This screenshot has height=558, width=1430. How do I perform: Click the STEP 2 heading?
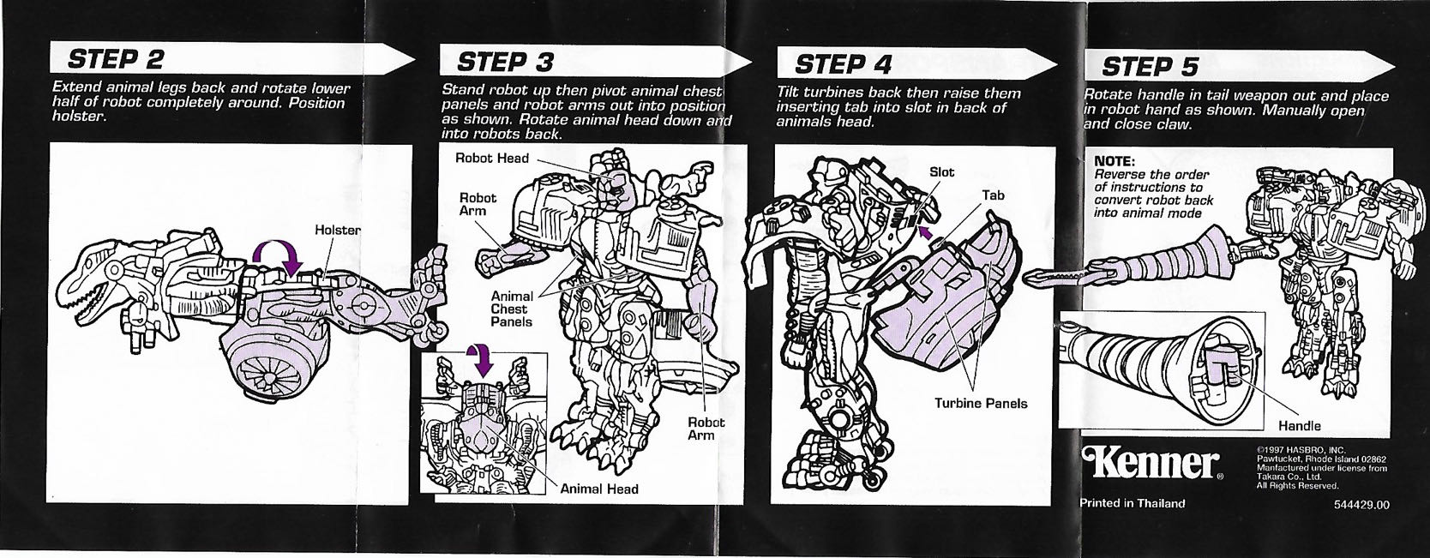click(x=115, y=60)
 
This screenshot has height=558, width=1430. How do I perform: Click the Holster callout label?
click(x=337, y=230)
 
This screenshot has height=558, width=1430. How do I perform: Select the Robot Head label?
click(x=491, y=158)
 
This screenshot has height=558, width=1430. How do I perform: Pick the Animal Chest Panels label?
click(x=511, y=309)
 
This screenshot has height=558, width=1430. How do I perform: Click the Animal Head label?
click(x=598, y=489)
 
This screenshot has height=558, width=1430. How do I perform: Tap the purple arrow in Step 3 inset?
click(x=480, y=362)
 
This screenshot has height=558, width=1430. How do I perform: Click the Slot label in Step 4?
click(x=941, y=172)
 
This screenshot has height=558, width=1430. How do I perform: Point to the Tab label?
click(x=993, y=195)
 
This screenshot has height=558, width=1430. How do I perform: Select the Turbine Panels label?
click(x=980, y=403)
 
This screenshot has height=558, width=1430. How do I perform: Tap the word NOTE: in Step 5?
click(x=1115, y=161)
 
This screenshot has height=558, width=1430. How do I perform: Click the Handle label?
click(x=1299, y=425)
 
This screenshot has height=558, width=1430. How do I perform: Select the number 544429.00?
click(x=1361, y=504)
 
